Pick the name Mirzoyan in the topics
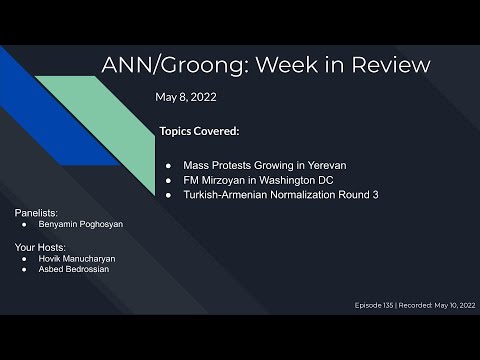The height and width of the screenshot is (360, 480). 226,178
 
